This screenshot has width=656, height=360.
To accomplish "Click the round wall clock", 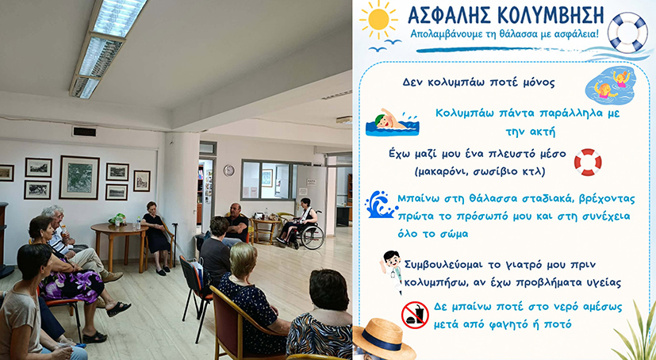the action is coord(229,170).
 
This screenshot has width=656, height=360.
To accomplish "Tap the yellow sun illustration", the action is coord(378,19).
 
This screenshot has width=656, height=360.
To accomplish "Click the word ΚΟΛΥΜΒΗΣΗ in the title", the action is coord(551,16).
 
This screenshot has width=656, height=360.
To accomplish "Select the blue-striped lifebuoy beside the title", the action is coord(627,33).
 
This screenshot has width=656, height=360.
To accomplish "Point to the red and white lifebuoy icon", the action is coord(588,163).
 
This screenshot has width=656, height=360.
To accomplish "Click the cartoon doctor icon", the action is coord(393,270).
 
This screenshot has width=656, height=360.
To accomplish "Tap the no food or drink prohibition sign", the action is coord(415,315).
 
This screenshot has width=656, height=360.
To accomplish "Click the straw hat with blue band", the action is coord(384,338).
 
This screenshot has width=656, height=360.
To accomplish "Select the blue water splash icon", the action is coord(379,205).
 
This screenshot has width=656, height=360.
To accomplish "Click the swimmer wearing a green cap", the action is coord(392,123).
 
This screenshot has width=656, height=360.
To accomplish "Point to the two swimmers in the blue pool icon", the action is coord(611,86).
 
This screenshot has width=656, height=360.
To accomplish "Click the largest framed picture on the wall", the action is coord(79,178).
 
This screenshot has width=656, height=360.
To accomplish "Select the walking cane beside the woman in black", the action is coord(175,244).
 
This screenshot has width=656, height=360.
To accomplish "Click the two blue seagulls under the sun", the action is coord(385,45).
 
